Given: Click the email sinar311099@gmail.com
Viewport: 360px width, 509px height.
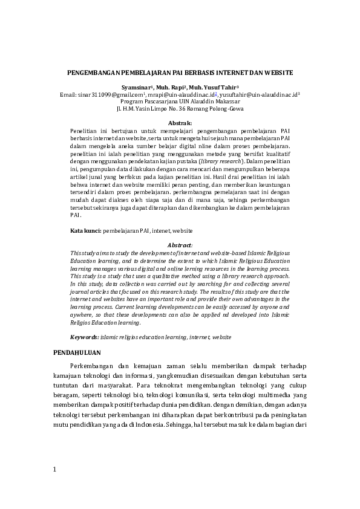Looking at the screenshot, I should pos(111,95).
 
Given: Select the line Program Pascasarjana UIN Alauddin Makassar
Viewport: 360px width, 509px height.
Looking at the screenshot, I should pos(180,102).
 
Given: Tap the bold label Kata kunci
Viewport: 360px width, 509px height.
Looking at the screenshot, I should pos(85,231).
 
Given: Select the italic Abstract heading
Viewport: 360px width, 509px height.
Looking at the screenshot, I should pos(179,245).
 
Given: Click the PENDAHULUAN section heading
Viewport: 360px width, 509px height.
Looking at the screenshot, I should pos(77,352).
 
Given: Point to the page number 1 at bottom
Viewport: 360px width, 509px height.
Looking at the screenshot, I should pos(54,469).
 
